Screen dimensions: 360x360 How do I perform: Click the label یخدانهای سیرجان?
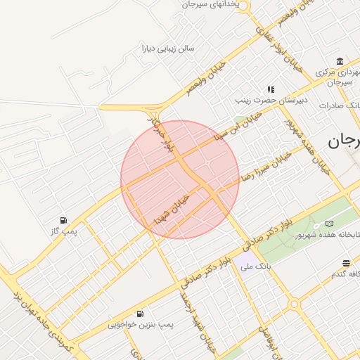click(x=214, y=4)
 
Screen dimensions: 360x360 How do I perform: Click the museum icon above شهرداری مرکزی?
click(x=340, y=60)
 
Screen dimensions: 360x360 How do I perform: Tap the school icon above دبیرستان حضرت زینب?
click(x=270, y=90)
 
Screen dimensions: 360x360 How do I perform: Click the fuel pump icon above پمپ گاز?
click(x=64, y=220)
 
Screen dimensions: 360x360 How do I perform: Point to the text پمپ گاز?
click(x=64, y=231)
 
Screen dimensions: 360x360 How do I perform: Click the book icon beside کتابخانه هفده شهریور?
click(x=329, y=224)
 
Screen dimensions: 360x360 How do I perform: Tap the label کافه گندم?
click(x=345, y=274)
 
